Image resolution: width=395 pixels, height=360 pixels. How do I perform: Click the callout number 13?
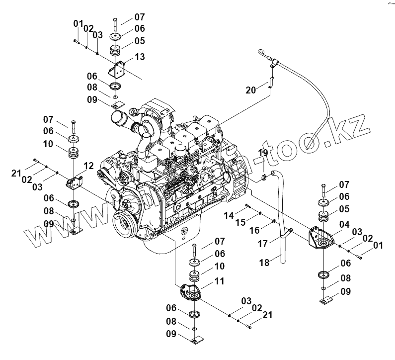coord(140,57)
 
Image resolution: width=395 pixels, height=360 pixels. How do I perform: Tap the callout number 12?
coord(88,165)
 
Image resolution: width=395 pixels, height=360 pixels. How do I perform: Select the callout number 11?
coord(219,281)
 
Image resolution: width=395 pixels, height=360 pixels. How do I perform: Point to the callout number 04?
coord(344,224)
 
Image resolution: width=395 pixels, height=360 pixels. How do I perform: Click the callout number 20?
coord(251,90)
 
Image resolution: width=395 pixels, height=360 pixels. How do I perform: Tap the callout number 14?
coord(228,215)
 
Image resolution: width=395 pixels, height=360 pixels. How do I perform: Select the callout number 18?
coord(264,262)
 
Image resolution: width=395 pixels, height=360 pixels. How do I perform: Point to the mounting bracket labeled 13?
coord(119,69)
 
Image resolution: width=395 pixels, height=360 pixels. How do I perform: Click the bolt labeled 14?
coord(246,206)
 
